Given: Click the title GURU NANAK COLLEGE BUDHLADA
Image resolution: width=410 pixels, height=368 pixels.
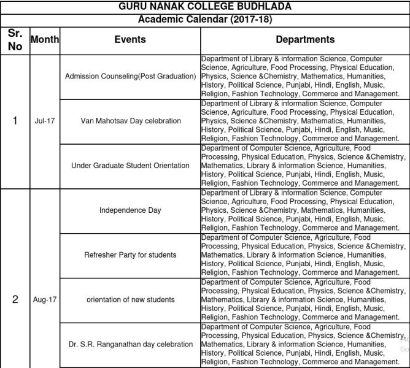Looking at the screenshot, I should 205,7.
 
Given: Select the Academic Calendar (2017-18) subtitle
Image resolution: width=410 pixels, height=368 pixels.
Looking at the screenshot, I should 205,19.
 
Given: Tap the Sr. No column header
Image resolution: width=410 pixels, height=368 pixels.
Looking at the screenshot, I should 15,39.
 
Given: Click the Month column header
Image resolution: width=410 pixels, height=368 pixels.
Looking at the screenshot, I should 44,39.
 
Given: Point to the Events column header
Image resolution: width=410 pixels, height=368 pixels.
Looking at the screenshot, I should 130,39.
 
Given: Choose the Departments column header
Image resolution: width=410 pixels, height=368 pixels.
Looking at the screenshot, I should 305,39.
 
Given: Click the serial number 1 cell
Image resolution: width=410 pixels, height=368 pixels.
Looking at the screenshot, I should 15,121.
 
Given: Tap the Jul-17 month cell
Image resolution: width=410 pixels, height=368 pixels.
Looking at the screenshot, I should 44,121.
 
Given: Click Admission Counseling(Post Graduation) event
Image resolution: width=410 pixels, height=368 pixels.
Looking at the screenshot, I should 130,76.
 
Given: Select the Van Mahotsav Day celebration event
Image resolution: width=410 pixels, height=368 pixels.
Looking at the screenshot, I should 130,121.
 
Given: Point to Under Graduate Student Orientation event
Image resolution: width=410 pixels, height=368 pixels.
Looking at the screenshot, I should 130,166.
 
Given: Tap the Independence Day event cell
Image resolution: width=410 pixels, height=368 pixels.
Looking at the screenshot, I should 130,210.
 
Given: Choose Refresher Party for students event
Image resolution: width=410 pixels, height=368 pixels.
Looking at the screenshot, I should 130,255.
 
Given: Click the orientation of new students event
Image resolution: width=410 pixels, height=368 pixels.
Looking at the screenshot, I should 130,299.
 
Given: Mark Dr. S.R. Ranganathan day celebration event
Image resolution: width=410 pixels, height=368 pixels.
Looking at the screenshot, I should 130,344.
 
